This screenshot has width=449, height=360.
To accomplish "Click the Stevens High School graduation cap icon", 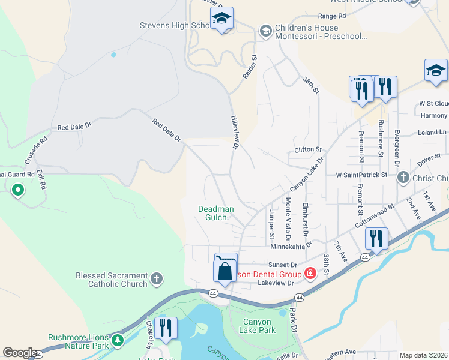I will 221,19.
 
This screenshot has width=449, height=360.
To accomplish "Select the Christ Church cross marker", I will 403,178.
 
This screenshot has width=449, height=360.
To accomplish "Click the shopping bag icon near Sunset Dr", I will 224,271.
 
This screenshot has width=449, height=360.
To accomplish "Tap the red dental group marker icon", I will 310,274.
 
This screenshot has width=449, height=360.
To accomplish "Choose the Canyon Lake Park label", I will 258,326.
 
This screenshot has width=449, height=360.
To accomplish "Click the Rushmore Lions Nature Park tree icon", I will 118,340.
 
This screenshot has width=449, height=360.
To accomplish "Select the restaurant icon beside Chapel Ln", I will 165,328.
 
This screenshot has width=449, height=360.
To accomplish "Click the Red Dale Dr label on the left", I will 74,127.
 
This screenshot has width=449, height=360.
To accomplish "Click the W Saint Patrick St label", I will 361,175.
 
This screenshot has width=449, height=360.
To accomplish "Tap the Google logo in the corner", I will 20,353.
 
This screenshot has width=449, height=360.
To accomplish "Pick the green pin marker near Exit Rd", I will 18,191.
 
